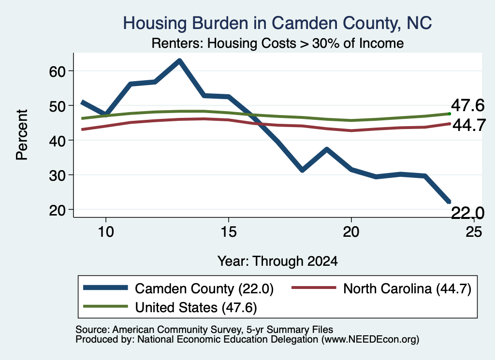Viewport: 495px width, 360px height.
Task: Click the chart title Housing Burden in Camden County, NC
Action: pos(277,23)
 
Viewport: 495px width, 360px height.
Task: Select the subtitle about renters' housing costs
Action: pos(277,43)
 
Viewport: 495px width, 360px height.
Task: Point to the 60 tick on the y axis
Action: pos(57,72)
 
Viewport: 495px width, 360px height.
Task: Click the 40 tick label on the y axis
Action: pos(57,141)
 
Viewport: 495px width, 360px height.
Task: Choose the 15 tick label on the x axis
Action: pos(228,232)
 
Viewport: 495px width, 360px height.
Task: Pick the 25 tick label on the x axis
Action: pos(474,232)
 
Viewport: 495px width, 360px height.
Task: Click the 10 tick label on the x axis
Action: pos(106,232)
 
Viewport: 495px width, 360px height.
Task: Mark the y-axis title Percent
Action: pos(22,135)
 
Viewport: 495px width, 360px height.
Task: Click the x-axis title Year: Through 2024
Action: pos(277,261)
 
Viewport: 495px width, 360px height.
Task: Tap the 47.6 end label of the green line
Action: pos(467,105)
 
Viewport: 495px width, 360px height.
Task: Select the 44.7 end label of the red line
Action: pos(469,125)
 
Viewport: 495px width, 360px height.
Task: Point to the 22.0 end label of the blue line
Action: pos(467,213)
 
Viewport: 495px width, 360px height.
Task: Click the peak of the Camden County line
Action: pos(179,60)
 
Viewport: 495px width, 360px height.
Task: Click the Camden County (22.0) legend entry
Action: pos(178,288)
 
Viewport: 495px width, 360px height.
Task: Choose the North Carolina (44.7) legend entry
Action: pos(381,288)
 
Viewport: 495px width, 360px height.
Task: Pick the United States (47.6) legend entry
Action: pos(170,307)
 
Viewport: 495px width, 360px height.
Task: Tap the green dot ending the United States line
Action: pos(450,114)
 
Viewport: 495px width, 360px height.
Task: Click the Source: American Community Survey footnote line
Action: pos(204,330)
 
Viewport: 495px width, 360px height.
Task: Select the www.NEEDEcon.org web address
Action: pos(370,340)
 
